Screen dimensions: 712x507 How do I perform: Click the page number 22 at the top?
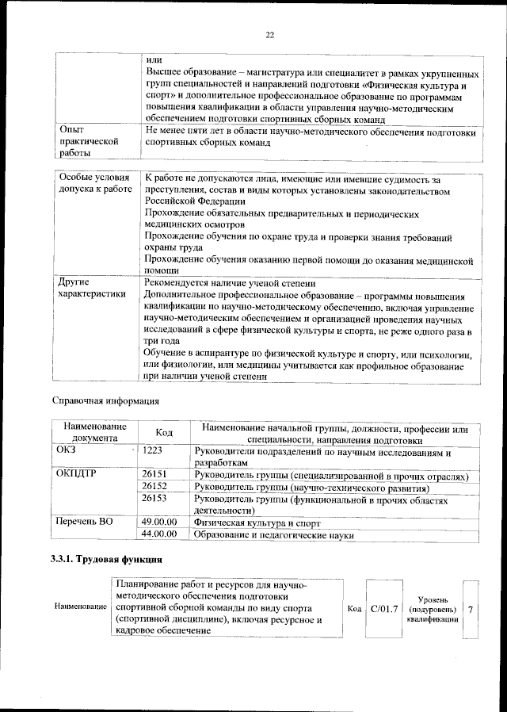pos(269,35)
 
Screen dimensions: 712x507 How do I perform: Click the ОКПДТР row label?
pos(77,475)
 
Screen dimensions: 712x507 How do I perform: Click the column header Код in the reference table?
pos(164,433)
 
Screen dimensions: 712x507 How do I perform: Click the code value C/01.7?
pos(383,608)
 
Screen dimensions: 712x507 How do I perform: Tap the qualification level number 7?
pos(471,608)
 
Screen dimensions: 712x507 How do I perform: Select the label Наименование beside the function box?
pos(81,607)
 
